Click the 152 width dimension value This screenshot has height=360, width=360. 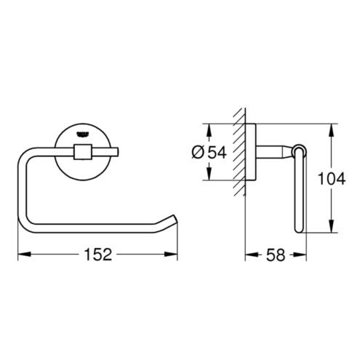(x=97, y=255)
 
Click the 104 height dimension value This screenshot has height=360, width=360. (x=332, y=178)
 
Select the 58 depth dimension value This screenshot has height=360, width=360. (x=276, y=255)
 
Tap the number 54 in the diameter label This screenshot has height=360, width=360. (x=217, y=153)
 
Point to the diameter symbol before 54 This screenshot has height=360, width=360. (x=198, y=153)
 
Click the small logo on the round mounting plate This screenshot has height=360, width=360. (x=83, y=134)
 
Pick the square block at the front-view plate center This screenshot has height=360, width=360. (x=83, y=152)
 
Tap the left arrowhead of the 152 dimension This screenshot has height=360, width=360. (x=24, y=254)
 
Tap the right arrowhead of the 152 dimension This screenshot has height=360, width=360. (x=171, y=254)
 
